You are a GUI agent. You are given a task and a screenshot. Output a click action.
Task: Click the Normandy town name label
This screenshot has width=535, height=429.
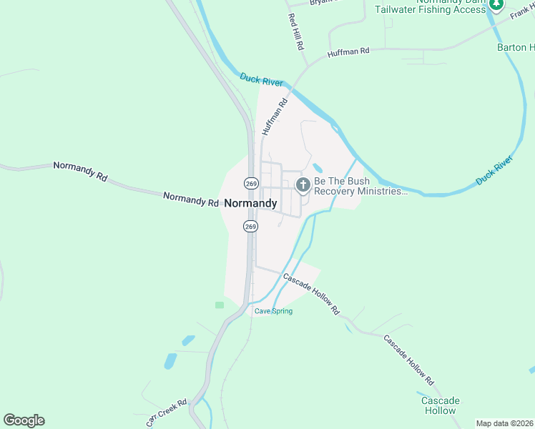point(250,203)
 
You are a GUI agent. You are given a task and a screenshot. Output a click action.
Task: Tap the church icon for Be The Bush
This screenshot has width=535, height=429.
point(303,186)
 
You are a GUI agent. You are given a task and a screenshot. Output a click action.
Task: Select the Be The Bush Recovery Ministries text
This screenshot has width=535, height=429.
point(360,186)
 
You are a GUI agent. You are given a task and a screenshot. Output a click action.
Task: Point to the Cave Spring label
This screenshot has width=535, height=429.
point(274,311)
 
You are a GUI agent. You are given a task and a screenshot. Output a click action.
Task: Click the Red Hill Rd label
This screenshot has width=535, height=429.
point(295,31)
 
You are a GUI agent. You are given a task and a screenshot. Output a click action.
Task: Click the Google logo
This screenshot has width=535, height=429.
point(24,420)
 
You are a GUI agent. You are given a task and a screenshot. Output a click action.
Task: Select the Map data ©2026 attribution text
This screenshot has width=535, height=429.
point(504,423)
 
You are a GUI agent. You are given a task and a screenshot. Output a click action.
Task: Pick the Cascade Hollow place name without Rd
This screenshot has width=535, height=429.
point(440,405)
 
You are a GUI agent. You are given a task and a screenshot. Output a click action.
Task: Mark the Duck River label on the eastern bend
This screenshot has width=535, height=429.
point(495,172)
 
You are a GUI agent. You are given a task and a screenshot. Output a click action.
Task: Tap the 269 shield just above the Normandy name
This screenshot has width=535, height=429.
point(250,183)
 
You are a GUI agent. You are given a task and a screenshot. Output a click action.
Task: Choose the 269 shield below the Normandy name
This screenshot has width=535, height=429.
point(250,226)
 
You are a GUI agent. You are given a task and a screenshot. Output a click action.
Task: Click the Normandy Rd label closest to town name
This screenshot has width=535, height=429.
point(191,199)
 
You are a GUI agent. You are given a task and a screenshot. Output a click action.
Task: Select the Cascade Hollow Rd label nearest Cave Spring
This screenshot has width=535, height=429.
point(310,293)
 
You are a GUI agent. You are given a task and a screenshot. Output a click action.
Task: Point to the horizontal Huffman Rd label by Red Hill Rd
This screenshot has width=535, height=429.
point(348,52)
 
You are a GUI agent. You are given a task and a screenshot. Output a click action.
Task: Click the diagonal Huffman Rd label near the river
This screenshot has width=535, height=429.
point(274,117)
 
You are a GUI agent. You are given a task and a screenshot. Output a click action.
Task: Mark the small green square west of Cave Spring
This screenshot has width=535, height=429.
point(220,305)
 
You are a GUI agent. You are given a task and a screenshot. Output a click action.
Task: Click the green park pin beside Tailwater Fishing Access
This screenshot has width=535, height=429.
point(496,4)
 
